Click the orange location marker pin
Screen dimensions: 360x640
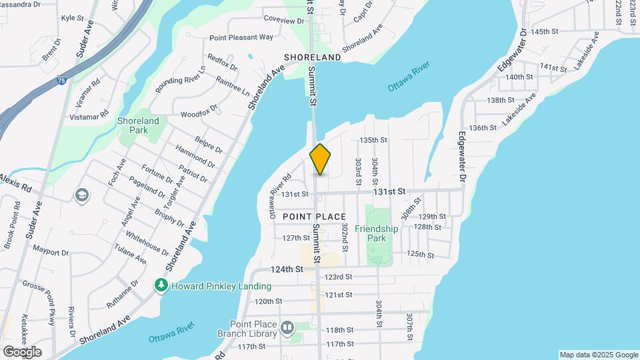pos(320,159)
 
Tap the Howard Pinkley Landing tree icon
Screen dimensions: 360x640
pos(161,286)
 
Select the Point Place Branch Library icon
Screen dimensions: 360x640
pos(287,328)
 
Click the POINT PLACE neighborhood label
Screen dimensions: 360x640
pos(314,217)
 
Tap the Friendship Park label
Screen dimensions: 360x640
pos(376,233)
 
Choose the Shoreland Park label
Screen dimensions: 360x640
pos(138,125)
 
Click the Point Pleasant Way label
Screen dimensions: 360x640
pos(241,38)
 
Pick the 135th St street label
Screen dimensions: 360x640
pos(373,140)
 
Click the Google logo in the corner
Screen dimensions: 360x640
pos(22,351)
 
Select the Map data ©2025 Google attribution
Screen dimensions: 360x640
pos(598,355)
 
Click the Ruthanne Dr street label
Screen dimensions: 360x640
pos(122,294)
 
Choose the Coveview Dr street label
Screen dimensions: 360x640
pos(283,21)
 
